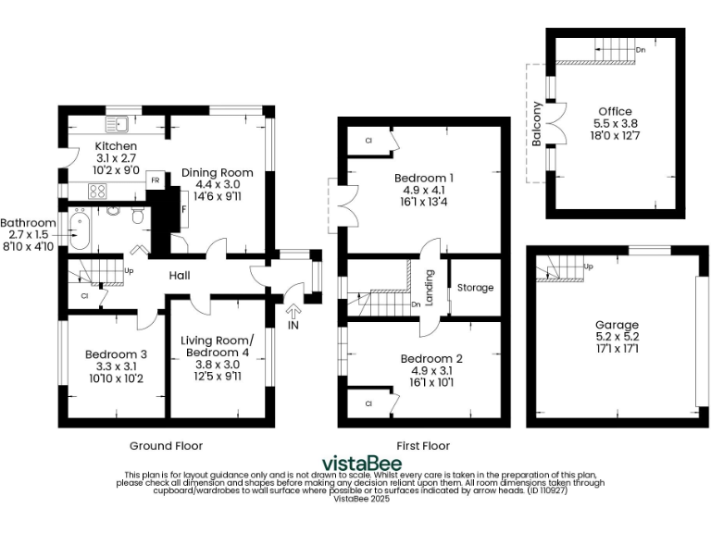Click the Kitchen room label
[x=116, y=146]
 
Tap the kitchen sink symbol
[x=117, y=122]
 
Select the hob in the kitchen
[x=98, y=191]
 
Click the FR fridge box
[x=156, y=180]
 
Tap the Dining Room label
[x=217, y=172]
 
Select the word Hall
[x=180, y=275]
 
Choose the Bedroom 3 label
[x=116, y=353]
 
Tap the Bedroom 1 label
[x=423, y=177]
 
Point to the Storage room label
[x=476, y=288]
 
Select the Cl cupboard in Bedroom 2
[x=368, y=403]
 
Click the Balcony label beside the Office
[x=537, y=123]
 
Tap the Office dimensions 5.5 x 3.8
[x=616, y=122]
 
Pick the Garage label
[x=617, y=325]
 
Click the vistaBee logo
[x=361, y=462]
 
